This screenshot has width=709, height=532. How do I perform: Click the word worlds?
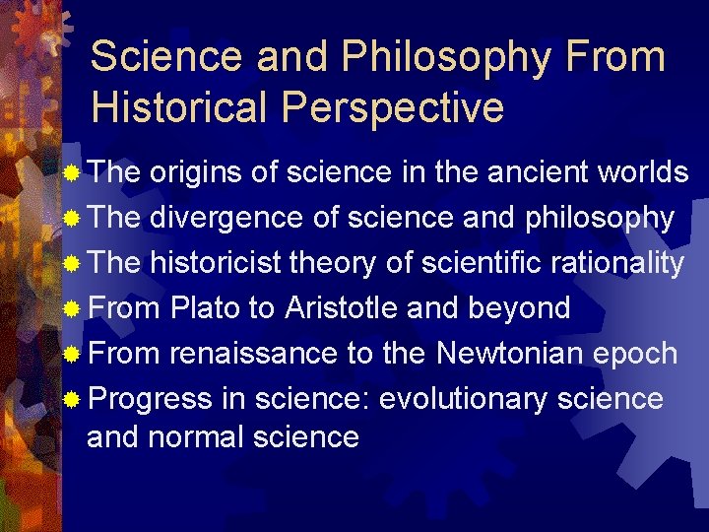coord(643,172)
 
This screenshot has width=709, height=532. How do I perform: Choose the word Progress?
coord(150,399)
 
